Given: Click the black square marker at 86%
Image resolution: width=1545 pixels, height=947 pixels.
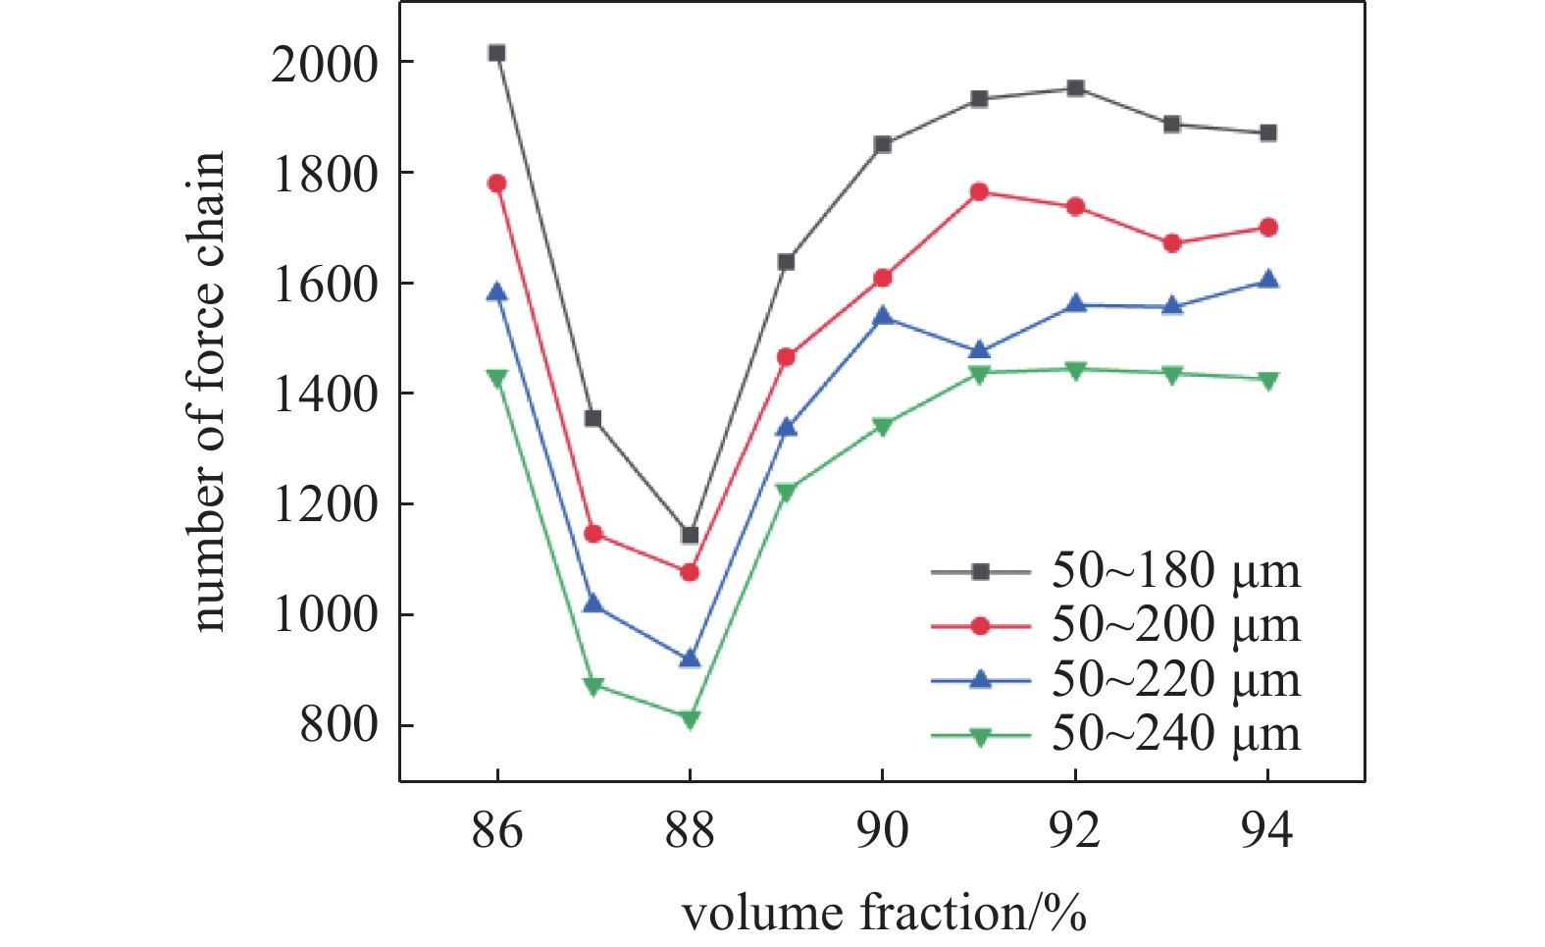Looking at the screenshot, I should click(x=496, y=53).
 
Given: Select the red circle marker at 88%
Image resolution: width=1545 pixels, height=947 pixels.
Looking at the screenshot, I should click(x=690, y=572).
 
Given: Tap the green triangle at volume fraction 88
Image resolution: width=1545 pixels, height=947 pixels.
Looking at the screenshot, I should click(x=690, y=718).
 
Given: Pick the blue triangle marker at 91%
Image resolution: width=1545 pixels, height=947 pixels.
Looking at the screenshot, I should click(x=979, y=350).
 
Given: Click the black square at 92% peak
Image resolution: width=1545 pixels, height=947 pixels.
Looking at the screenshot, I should click(x=1075, y=88).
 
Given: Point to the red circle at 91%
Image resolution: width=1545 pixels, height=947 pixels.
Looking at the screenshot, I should click(x=979, y=192).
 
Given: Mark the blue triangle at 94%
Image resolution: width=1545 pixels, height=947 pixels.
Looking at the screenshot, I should click(x=1268, y=280).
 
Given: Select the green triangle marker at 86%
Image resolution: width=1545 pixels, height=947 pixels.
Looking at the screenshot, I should click(x=496, y=377).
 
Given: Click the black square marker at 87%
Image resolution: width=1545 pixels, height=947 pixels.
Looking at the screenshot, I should click(x=592, y=419).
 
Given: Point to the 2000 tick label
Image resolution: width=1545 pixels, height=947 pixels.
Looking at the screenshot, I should click(x=324, y=65).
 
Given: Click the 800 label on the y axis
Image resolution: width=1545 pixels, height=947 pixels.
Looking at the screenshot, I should click(x=338, y=726).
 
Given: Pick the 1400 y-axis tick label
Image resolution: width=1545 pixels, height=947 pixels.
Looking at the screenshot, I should click(x=324, y=395).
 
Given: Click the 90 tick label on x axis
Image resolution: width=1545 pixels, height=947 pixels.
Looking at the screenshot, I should click(x=883, y=829).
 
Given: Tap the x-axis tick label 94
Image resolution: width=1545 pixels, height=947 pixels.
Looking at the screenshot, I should click(x=1267, y=829).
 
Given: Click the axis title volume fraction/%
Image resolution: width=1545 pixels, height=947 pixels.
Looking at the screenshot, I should click(x=883, y=913).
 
